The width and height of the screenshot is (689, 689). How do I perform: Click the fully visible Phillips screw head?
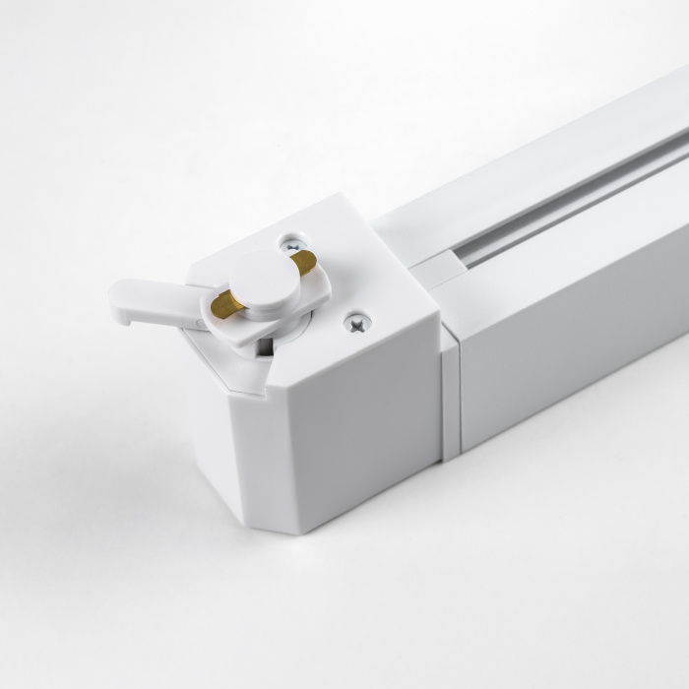tap(356, 322)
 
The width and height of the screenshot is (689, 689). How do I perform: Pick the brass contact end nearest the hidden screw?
tap(305, 261)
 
